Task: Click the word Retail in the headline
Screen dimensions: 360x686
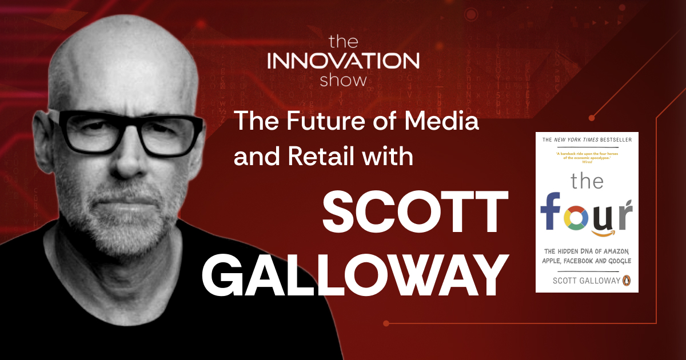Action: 316,156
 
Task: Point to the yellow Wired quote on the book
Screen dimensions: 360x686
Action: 587,156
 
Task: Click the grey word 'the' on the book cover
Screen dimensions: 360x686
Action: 587,181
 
